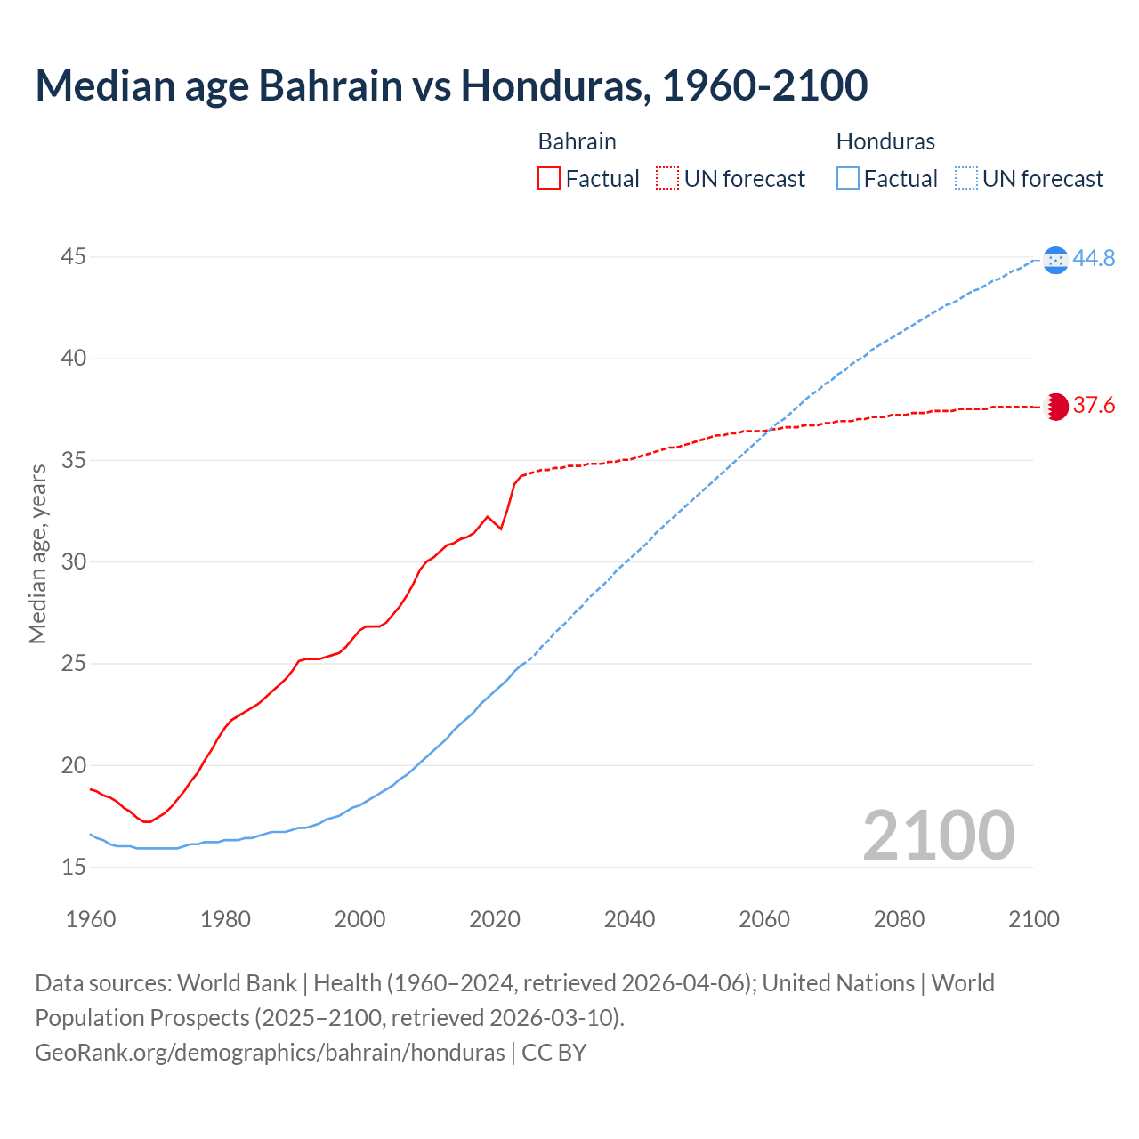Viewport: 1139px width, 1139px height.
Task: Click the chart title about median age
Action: click(451, 85)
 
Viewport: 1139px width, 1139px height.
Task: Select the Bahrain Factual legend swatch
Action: click(549, 179)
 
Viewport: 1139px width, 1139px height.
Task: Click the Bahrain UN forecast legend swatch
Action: click(667, 179)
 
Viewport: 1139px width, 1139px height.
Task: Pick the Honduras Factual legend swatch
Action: click(848, 179)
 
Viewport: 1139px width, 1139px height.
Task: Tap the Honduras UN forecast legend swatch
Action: click(966, 179)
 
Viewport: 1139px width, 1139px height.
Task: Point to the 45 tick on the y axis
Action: click(74, 257)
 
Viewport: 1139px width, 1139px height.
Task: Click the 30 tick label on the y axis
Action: click(74, 562)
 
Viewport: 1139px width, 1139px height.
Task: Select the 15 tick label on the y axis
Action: click(74, 867)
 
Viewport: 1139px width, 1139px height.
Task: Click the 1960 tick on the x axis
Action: click(91, 919)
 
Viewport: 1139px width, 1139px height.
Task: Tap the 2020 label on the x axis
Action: click(495, 919)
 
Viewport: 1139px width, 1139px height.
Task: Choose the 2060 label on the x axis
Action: click(764, 919)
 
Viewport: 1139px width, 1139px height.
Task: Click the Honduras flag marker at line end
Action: click(1055, 260)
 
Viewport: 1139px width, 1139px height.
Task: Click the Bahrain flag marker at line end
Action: click(1055, 407)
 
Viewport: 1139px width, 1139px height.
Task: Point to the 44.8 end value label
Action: click(1094, 259)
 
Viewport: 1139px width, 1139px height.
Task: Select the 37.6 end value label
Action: click(1094, 406)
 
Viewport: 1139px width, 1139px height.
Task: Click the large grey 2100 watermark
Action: click(938, 835)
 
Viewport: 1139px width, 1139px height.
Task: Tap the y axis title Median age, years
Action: click(37, 553)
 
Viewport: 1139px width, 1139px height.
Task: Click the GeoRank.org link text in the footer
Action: click(270, 1053)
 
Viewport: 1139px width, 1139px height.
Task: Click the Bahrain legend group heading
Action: click(577, 141)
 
